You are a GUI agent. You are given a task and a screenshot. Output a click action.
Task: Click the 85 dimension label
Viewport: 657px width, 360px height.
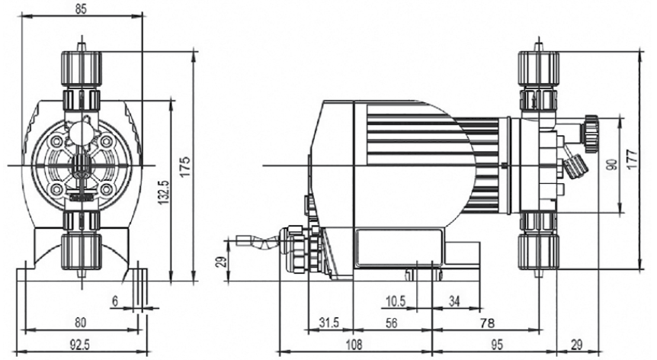[81, 9]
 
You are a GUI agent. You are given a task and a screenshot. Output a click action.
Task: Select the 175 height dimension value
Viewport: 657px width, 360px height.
[185, 166]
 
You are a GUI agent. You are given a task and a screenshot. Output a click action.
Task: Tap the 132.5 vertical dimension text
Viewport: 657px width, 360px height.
[163, 192]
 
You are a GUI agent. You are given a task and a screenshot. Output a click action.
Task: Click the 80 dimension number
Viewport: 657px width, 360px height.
[80, 322]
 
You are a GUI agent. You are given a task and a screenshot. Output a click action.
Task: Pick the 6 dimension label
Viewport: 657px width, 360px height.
[115, 301]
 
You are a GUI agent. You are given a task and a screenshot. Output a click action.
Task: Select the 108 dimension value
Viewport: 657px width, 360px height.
[354, 344]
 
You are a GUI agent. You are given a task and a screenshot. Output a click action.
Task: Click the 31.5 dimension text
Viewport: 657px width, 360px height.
[329, 323]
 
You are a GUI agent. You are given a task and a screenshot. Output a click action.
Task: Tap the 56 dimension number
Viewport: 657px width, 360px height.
[391, 323]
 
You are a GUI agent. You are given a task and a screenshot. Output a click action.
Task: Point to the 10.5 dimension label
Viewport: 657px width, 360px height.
[396, 301]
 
